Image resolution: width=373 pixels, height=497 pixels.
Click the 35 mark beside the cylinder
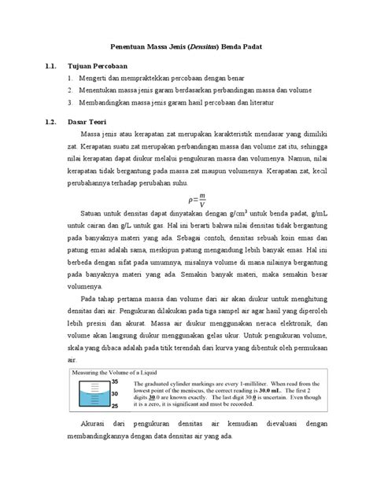tap(114, 381)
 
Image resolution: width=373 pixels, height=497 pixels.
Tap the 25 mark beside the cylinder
tap(114, 407)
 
